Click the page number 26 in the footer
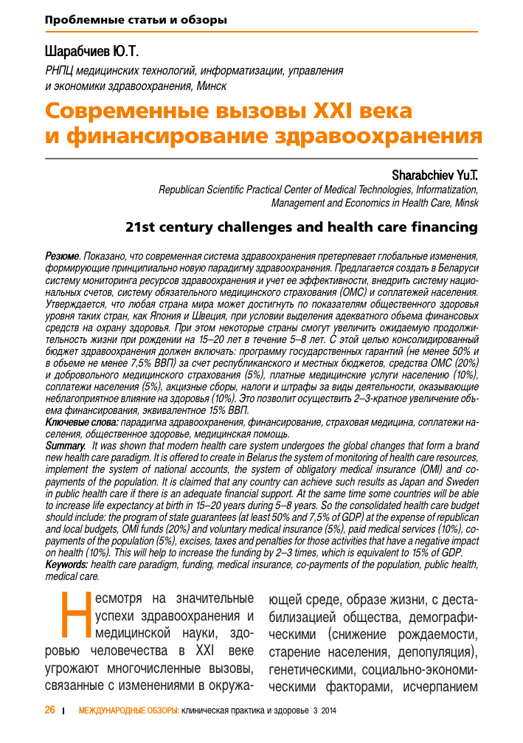(x=50, y=710)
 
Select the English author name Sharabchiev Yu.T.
(x=435, y=176)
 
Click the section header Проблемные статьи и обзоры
(x=136, y=20)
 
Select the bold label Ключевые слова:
(x=81, y=421)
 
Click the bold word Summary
(x=65, y=446)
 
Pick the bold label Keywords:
(x=67, y=564)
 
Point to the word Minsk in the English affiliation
(x=465, y=202)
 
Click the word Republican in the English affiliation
(x=184, y=189)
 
